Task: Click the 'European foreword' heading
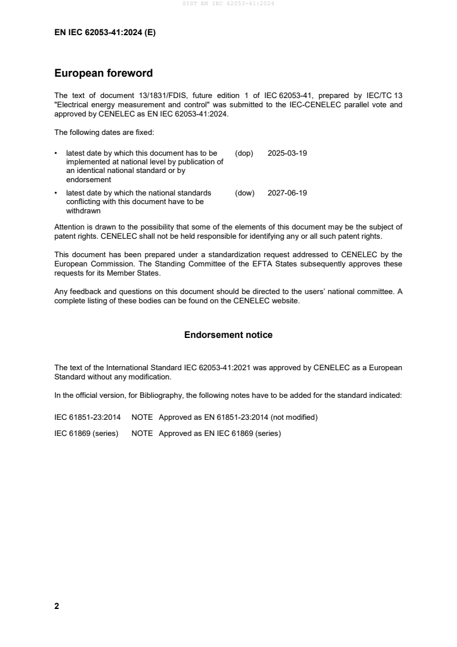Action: tap(103, 73)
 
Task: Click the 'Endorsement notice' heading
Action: tap(228, 335)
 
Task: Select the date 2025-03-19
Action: tap(287, 153)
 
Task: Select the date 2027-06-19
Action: tap(287, 193)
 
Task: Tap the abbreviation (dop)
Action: tap(244, 153)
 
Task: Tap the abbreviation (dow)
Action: tap(244, 193)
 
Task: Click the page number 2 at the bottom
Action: tap(56, 606)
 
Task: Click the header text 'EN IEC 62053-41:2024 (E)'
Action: tap(105, 33)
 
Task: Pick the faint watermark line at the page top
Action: tap(228, 3)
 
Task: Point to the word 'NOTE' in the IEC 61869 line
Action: tap(142, 433)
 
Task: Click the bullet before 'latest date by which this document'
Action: tap(56, 153)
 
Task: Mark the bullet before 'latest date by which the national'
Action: tap(56, 193)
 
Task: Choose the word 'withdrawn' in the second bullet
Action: tap(84, 210)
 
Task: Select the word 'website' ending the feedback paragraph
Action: tap(285, 300)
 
